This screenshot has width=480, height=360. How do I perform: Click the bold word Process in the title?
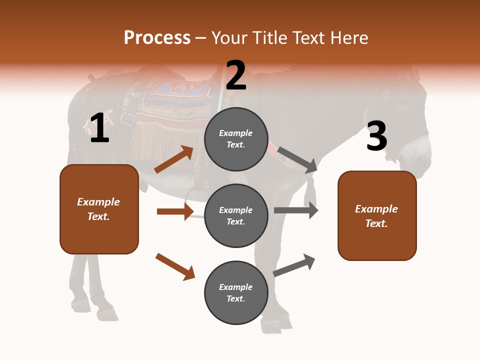click(157, 37)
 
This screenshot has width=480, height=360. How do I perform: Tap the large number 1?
click(99, 128)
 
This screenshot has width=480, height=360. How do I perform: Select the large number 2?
click(236, 75)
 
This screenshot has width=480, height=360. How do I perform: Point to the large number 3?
click(376, 135)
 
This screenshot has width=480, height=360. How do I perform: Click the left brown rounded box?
click(99, 209)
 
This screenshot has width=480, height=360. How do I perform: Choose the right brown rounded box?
click(377, 215)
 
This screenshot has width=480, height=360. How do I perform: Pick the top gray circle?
click(236, 139)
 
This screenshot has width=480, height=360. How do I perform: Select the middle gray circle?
click(236, 215)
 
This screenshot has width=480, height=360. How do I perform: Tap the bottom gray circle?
click(236, 292)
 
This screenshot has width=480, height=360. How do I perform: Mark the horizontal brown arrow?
click(175, 211)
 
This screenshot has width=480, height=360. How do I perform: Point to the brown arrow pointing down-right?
click(175, 266)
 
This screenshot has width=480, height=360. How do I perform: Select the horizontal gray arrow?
click(296, 210)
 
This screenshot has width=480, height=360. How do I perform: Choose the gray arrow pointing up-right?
click(294, 265)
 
